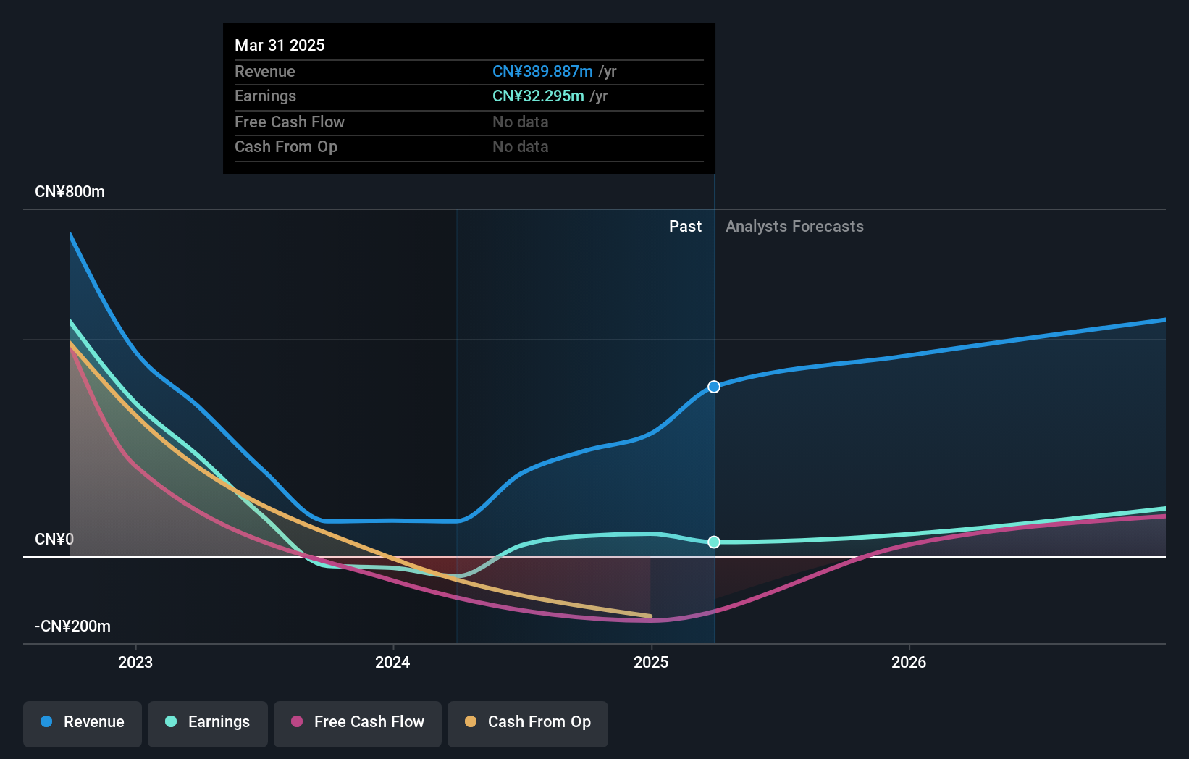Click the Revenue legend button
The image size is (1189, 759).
point(83,722)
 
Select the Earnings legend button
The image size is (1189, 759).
point(208,722)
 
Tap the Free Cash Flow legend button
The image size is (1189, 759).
point(358,722)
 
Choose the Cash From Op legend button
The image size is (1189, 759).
point(528,722)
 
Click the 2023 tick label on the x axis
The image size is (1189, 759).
point(135,662)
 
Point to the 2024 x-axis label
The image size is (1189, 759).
point(392,662)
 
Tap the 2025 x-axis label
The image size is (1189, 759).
point(651,662)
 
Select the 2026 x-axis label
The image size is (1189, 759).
point(909,662)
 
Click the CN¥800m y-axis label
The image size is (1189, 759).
point(70,192)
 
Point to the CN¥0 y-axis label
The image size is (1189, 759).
point(54,540)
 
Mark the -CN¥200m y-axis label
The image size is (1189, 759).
point(72,626)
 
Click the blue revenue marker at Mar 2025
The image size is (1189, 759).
point(714,387)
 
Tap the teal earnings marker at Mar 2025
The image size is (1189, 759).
point(714,542)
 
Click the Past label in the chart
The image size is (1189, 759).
point(685,227)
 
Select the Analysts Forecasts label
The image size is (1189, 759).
point(794,227)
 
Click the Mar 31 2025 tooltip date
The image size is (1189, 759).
point(280,46)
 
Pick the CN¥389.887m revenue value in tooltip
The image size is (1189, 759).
point(542,72)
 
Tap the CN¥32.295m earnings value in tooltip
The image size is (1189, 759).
point(538,96)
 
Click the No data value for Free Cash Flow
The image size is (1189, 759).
point(520,122)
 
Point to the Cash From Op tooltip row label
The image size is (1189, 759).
point(286,147)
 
